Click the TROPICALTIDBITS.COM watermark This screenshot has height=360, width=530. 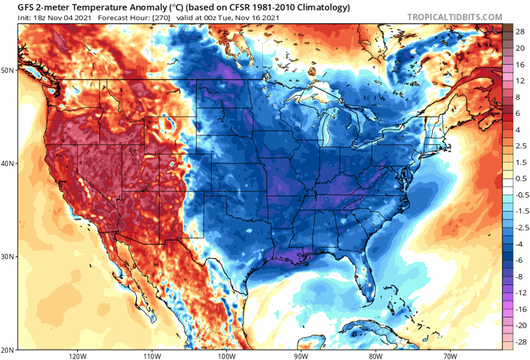[x=455, y=16]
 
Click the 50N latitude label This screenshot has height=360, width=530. [x=8, y=71]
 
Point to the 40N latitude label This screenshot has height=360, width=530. [x=8, y=163]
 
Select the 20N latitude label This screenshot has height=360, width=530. [x=8, y=349]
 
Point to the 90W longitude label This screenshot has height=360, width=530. [x=301, y=356]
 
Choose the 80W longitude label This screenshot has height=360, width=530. [x=375, y=356]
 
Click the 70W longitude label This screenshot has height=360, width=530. [x=449, y=356]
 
